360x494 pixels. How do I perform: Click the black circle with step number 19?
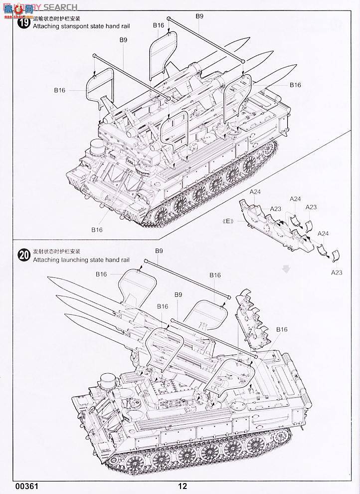pyautogui.click(x=23, y=23)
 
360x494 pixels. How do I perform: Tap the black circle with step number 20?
pyautogui.click(x=23, y=255)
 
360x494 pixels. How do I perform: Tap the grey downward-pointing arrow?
pyautogui.click(x=286, y=269)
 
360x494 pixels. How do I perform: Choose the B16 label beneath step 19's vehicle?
pyautogui.click(x=97, y=230)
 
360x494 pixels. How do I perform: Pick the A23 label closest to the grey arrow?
pyautogui.click(x=337, y=272)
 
